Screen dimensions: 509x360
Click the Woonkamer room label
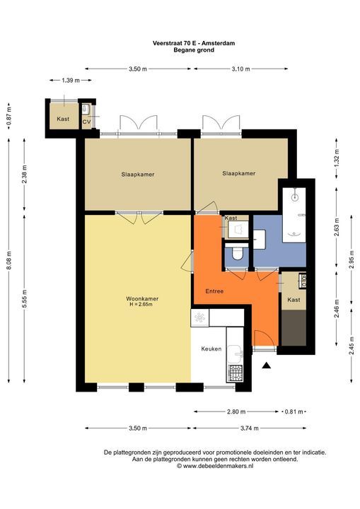(x=138, y=298)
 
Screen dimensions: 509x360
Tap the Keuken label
(x=211, y=349)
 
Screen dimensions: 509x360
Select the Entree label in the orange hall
(x=214, y=291)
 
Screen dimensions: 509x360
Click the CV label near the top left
(x=87, y=122)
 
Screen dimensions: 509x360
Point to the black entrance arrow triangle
(x=266, y=365)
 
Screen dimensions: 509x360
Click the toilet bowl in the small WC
(x=237, y=252)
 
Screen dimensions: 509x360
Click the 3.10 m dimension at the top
(x=241, y=69)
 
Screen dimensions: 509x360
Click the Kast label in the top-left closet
(x=62, y=118)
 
